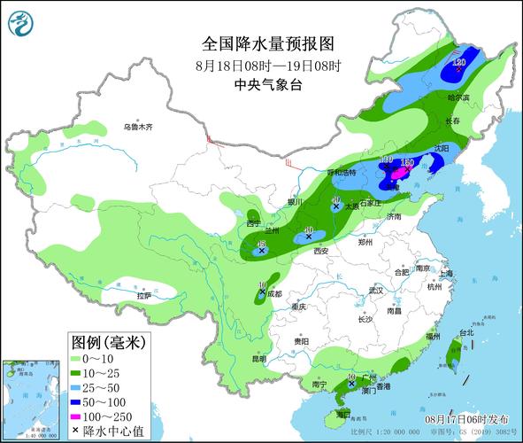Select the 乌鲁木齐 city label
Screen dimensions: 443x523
pos(138,128)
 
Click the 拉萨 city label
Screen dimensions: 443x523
pos(142,295)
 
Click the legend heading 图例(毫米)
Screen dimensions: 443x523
pos(108,341)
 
